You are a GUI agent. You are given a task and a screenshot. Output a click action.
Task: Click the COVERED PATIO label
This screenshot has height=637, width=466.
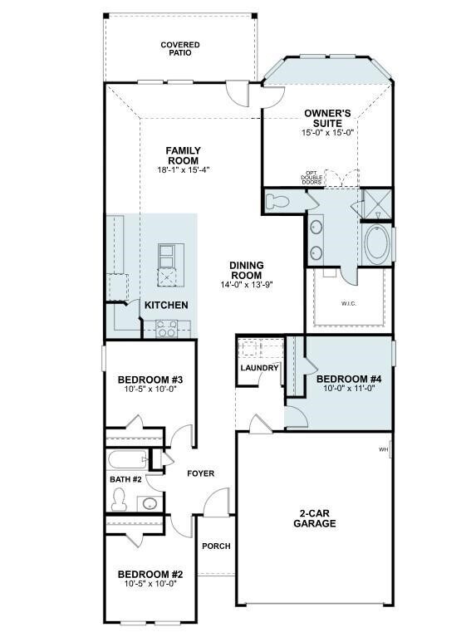[x=180, y=48]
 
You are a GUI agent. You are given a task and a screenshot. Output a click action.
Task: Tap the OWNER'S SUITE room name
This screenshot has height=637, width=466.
[x=327, y=117]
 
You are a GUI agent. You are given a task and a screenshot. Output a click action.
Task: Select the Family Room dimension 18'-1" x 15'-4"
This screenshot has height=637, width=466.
[x=184, y=169]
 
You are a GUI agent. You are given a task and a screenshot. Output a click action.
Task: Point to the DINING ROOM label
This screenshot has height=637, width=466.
[x=247, y=271]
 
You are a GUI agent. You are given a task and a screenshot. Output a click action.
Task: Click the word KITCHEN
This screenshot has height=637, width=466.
[x=166, y=306]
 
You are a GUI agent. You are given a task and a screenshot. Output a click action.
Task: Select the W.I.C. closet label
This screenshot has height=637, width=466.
[x=347, y=303]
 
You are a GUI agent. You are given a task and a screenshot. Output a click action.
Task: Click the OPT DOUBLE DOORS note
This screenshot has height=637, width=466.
[x=311, y=178]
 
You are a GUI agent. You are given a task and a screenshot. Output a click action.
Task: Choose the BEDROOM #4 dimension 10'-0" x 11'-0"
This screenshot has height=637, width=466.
[x=349, y=387]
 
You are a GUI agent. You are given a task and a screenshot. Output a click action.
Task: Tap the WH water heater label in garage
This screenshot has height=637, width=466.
[x=383, y=449]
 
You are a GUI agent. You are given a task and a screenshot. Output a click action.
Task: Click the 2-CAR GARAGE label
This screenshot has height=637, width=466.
[x=314, y=518]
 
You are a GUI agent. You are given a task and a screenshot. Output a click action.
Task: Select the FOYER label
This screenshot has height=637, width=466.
[x=200, y=473]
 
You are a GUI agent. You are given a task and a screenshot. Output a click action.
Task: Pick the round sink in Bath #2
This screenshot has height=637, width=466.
[x=149, y=502]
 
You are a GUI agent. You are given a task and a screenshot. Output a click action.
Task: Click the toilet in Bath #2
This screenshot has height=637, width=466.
[x=119, y=498]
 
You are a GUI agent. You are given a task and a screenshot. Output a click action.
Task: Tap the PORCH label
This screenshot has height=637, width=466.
[x=216, y=546]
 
